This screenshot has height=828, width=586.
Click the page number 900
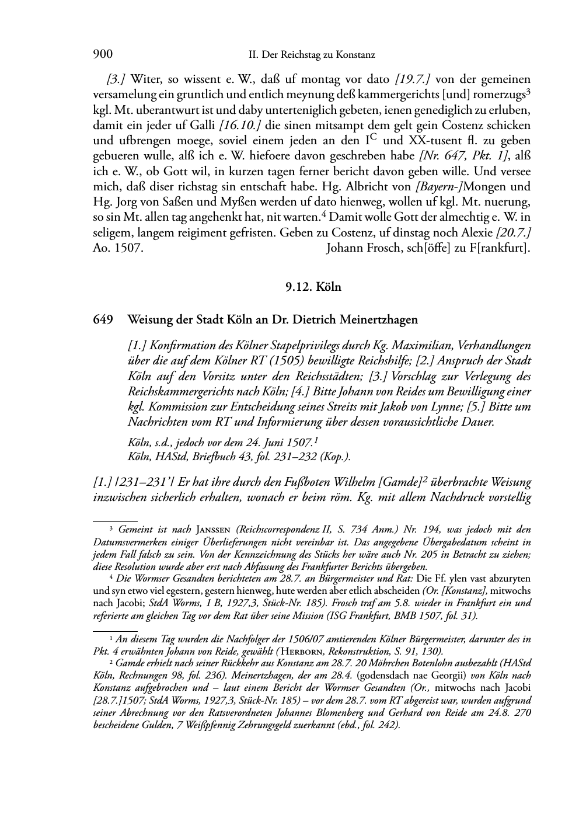pos(103,55)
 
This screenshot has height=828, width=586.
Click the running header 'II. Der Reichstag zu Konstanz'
pos(311,55)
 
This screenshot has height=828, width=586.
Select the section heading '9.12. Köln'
pos(312,287)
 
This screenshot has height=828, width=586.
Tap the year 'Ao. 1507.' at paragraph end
pos(118,247)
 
